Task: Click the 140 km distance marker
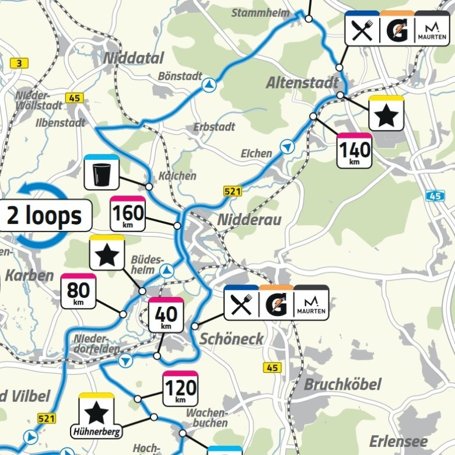coord(355,151)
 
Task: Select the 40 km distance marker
coord(166,316)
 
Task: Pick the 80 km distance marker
coord(78,292)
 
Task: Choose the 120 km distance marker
coord(180,388)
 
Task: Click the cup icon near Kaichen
coord(102,173)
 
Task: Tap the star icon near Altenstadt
coord(386,114)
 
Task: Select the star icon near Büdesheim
coord(107,253)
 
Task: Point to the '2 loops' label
coord(44,215)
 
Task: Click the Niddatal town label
coord(133,58)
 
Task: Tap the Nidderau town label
coord(249,219)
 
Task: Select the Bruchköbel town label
coord(342,384)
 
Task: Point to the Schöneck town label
coord(232,339)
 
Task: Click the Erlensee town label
coord(398,441)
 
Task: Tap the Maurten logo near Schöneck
coord(311,304)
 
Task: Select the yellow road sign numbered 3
coord(20,64)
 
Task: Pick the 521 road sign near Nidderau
coord(232,191)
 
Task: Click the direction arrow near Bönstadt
coord(208,86)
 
